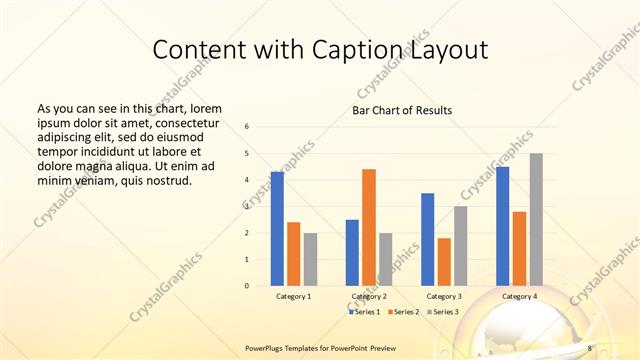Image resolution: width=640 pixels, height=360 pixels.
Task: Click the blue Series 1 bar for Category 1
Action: click(277, 229)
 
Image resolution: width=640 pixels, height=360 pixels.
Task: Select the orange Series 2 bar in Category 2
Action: click(369, 227)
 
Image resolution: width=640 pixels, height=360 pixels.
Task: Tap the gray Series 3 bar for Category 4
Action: click(536, 219)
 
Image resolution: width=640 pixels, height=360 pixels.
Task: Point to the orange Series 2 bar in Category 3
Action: click(444, 262)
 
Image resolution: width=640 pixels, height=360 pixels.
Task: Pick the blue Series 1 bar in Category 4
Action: click(503, 226)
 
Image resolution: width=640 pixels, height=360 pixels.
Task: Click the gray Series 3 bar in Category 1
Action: click(310, 259)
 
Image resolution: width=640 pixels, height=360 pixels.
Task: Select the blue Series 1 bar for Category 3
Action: click(428, 239)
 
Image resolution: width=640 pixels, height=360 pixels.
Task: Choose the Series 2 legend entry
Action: click(402, 312)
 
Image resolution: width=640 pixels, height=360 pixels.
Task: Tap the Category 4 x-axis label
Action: click(519, 297)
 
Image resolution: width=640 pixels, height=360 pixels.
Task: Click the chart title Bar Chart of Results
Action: click(402, 109)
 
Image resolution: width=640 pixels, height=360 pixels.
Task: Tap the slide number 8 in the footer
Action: click(590, 348)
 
